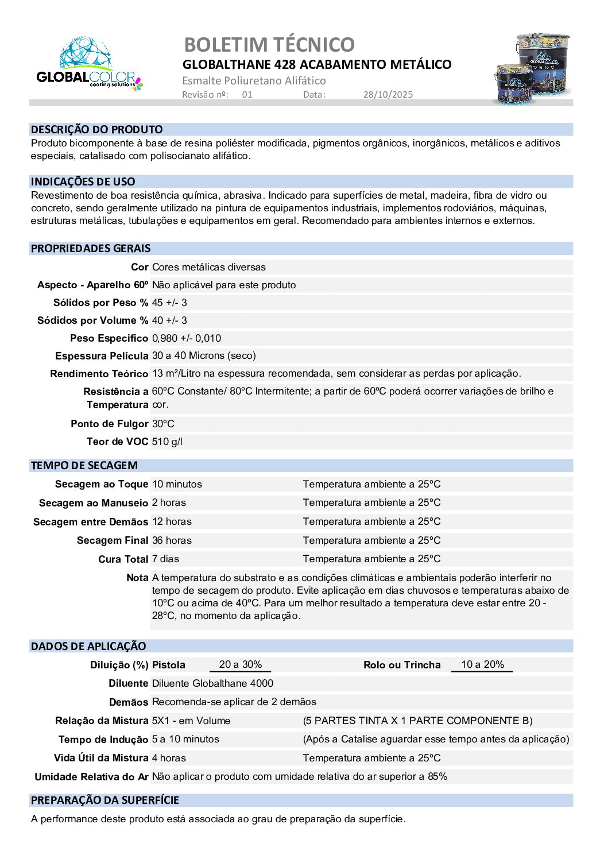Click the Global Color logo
(x=89, y=64)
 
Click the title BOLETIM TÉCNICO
(x=269, y=44)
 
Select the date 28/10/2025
(x=388, y=95)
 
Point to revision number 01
(x=247, y=95)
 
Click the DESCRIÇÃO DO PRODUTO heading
(x=97, y=130)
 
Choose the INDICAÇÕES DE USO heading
(x=83, y=182)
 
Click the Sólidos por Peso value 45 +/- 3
(x=169, y=303)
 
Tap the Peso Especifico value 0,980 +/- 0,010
(x=187, y=338)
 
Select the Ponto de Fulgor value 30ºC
(x=163, y=424)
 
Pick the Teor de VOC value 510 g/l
(x=167, y=442)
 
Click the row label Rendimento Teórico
(x=99, y=374)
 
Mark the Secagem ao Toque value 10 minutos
(x=177, y=484)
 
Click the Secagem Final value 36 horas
(x=172, y=540)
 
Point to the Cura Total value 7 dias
(x=165, y=559)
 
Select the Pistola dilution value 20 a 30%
(x=241, y=664)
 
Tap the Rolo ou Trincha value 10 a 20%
(x=482, y=664)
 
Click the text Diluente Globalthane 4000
(x=212, y=683)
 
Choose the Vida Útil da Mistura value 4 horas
(x=169, y=758)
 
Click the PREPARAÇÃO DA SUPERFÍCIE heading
(x=105, y=800)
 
